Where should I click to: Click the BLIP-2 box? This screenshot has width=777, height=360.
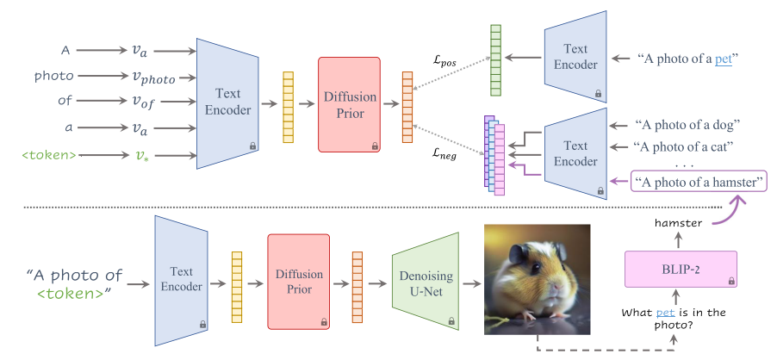(681, 269)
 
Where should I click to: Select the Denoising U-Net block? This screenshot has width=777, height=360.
(426, 283)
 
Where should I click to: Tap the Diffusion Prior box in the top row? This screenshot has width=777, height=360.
(350, 104)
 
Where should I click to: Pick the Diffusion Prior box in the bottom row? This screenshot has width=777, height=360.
(298, 282)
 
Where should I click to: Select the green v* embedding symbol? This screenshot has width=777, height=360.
(142, 155)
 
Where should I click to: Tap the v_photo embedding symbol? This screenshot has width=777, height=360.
(153, 78)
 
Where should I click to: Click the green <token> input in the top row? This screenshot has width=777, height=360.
(49, 156)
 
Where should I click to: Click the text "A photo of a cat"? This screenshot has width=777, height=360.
(684, 146)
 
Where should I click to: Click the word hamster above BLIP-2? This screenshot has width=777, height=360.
(678, 223)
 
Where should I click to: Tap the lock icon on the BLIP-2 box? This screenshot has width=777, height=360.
(731, 282)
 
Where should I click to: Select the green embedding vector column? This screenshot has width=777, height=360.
(495, 60)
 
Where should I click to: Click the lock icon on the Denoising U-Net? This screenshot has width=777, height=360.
(451, 321)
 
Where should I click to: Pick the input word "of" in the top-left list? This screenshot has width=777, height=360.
(65, 101)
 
